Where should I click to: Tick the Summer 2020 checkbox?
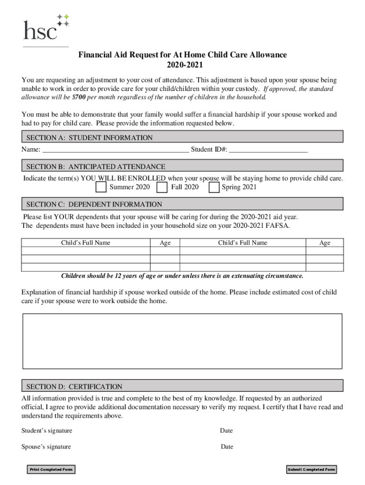(101, 188)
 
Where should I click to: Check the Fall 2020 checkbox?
(162, 188)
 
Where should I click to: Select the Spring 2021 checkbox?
(214, 188)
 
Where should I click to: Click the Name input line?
(116, 150)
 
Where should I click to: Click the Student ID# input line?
(268, 150)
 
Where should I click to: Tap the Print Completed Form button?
(51, 469)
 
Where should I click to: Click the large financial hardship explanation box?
(182, 341)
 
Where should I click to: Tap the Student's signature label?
(47, 431)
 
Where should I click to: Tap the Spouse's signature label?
(46, 447)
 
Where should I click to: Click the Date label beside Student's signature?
(226, 431)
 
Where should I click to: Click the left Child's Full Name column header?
(85, 243)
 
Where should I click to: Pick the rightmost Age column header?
(325, 243)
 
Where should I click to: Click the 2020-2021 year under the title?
(182, 65)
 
